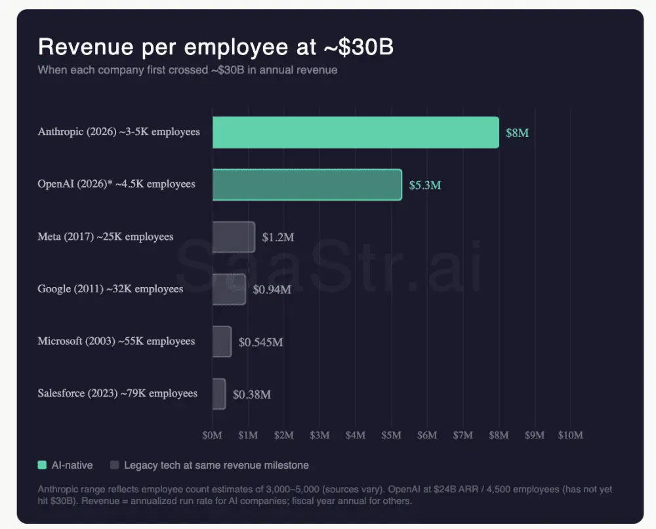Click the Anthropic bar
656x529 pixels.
click(x=356, y=132)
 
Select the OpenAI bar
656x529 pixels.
click(x=307, y=185)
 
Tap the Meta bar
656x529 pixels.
click(x=234, y=237)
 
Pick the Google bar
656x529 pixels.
click(x=229, y=289)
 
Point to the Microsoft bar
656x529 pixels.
click(x=222, y=342)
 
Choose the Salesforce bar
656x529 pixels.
click(x=219, y=394)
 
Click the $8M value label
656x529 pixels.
click(x=517, y=133)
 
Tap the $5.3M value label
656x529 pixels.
click(x=425, y=186)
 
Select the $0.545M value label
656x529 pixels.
click(x=260, y=342)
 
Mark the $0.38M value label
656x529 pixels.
click(x=252, y=395)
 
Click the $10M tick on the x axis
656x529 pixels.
click(x=569, y=435)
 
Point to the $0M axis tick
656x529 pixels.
click(x=213, y=435)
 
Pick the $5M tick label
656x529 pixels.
click(x=391, y=435)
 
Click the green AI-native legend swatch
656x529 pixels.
click(x=43, y=465)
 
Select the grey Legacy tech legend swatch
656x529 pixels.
click(x=115, y=465)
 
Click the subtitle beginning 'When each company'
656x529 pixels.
click(x=188, y=69)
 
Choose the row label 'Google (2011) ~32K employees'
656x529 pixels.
click(x=110, y=289)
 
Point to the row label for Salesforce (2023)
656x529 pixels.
click(x=117, y=394)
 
